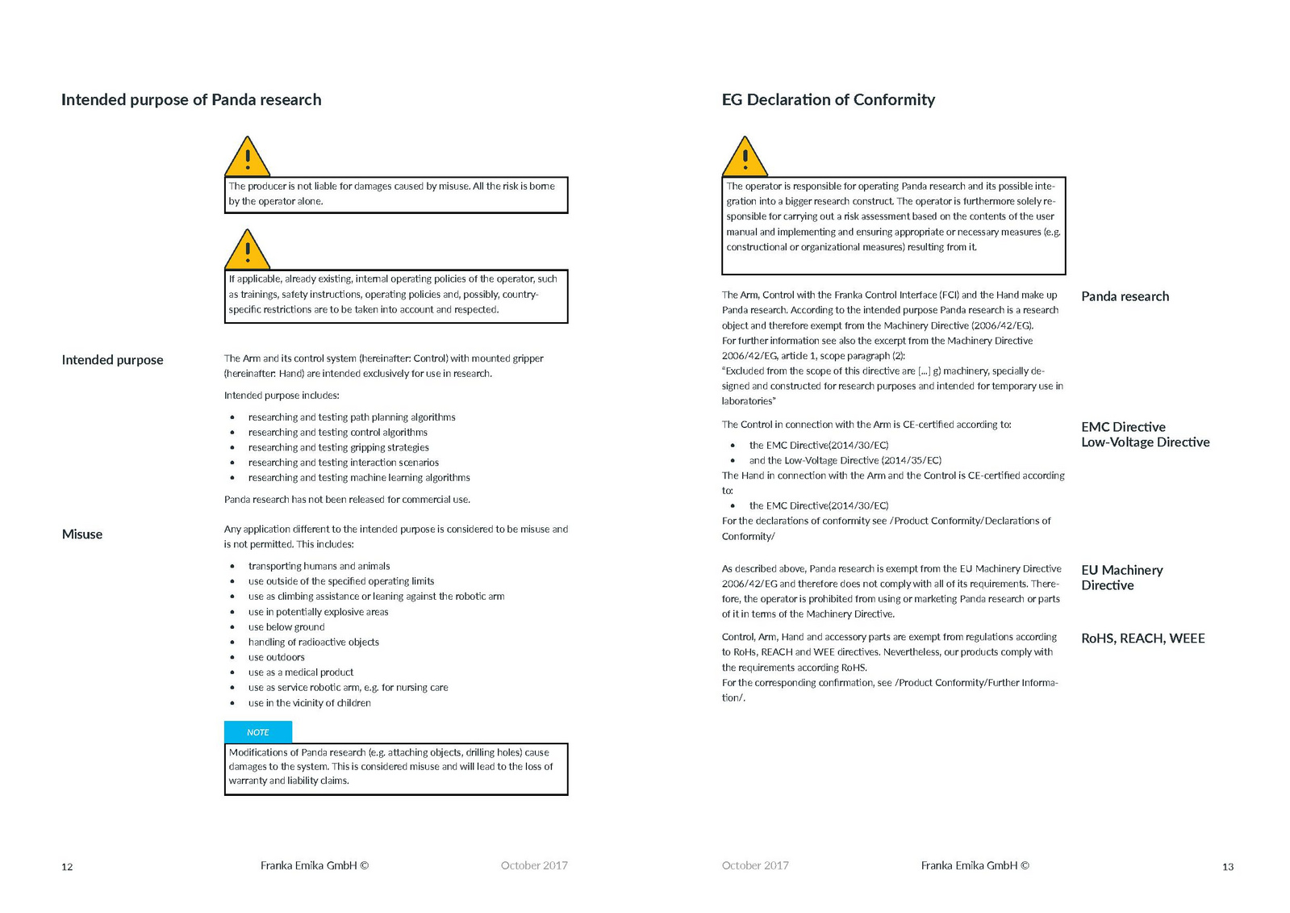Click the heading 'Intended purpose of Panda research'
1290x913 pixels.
pyautogui.click(x=191, y=100)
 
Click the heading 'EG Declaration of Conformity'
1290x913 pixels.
pyautogui.click(x=828, y=100)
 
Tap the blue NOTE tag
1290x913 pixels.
pyautogui.click(x=258, y=732)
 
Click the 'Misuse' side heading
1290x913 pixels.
pyautogui.click(x=82, y=534)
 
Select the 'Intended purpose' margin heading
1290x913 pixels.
pyautogui.click(x=112, y=360)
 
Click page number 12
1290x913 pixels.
pyautogui.click(x=67, y=867)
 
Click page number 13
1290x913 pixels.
pyautogui.click(x=1227, y=867)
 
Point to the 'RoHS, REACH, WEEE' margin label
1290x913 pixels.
pyautogui.click(x=1142, y=639)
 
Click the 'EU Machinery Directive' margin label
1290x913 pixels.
pyautogui.click(x=1121, y=578)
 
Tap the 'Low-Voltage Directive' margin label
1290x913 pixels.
pyautogui.click(x=1145, y=442)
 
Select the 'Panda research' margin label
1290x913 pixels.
pyautogui.click(x=1125, y=296)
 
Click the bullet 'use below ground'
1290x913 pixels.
pyautogui.click(x=286, y=627)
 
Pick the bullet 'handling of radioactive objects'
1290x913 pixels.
pyautogui.click(x=313, y=643)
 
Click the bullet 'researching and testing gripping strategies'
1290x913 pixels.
pyautogui.click(x=338, y=448)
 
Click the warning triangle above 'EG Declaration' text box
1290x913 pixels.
pyautogui.click(x=745, y=157)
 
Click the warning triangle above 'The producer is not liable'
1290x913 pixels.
pyautogui.click(x=247, y=157)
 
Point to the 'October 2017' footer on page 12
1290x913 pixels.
pyautogui.click(x=534, y=865)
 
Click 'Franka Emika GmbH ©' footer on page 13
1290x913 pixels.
pyautogui.click(x=975, y=865)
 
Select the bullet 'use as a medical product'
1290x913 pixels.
pyautogui.click(x=301, y=672)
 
